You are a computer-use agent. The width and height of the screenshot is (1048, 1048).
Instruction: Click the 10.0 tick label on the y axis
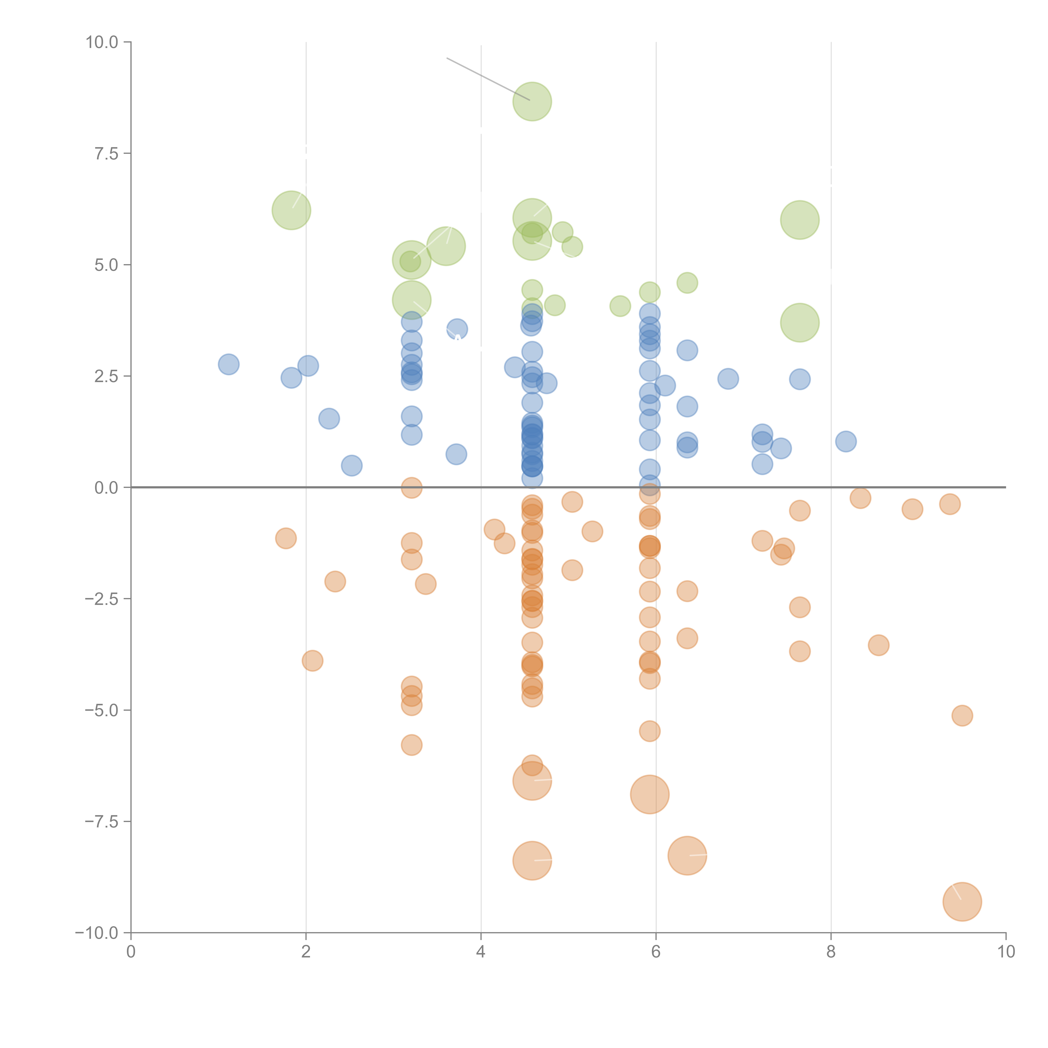(x=102, y=42)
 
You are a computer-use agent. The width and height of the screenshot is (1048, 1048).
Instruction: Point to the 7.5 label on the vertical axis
(x=106, y=153)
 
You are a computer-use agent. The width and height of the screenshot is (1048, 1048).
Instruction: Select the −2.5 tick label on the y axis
(x=102, y=599)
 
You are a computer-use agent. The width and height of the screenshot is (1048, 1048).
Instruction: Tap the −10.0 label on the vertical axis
(x=98, y=933)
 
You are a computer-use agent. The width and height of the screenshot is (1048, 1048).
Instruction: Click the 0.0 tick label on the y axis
(x=106, y=488)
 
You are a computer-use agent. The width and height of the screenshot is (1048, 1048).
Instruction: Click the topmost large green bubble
(x=532, y=101)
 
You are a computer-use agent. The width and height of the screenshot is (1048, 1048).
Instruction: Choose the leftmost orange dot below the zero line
(x=286, y=538)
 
